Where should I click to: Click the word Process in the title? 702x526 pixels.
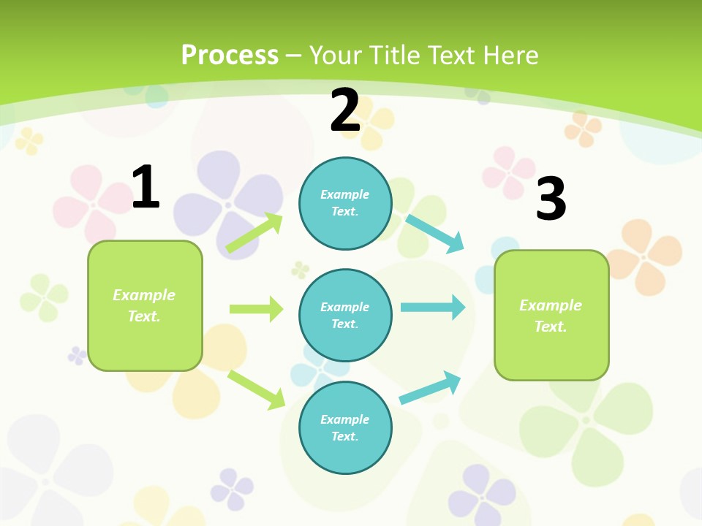tap(230, 56)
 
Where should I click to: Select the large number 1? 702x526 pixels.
tap(146, 187)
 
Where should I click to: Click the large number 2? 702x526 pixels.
tap(345, 110)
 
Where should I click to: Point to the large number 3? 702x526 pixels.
tap(551, 199)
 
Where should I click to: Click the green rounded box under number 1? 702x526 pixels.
tap(145, 305)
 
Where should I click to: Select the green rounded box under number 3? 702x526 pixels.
tap(551, 315)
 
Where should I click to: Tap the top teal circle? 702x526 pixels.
tap(345, 203)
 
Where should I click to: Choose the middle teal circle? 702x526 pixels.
tap(345, 315)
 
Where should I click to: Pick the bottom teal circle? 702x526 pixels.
tap(345, 427)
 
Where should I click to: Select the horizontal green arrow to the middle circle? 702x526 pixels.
tap(256, 309)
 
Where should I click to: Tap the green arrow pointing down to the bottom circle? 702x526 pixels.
tap(256, 389)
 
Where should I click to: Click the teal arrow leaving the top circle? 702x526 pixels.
tap(435, 233)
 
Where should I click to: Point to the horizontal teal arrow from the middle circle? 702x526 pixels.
tap(432, 307)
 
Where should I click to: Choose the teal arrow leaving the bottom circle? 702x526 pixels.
tap(430, 388)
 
